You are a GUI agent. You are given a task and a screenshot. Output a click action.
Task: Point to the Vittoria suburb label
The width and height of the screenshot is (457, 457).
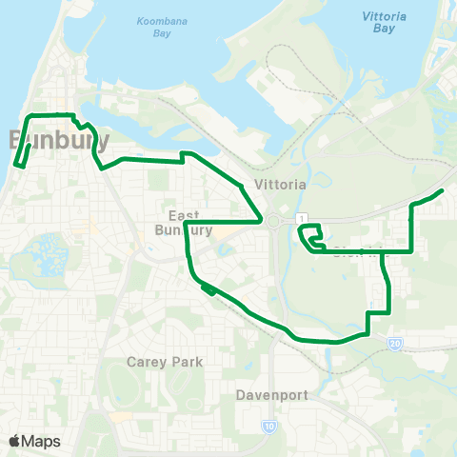coord(280,185)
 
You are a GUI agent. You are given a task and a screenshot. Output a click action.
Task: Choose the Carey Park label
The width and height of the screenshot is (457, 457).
coord(165,362)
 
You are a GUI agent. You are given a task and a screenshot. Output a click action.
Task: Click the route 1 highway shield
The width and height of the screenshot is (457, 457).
coord(299,219)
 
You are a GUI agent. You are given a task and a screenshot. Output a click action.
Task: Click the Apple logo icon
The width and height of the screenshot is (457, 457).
coord(14,441)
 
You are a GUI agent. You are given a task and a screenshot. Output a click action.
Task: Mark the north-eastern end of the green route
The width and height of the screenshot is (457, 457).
coord(442,191)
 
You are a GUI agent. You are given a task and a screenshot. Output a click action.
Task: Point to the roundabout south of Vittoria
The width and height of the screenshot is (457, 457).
coord(274,221)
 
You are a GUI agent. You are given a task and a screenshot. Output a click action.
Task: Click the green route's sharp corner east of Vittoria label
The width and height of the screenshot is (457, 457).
coord(261,220)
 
